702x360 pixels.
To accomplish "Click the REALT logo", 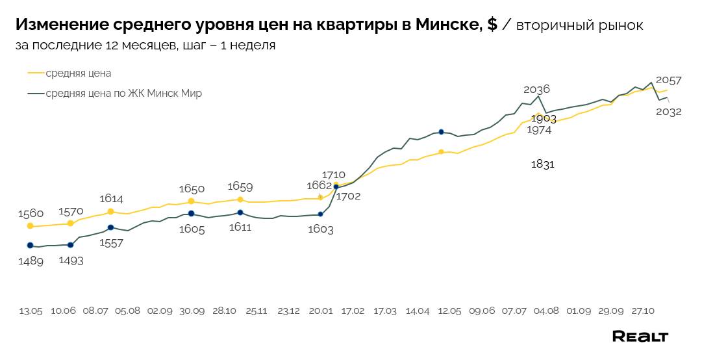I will tap(640, 336).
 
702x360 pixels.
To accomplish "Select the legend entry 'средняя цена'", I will tap(79, 73).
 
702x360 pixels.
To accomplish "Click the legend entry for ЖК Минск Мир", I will tap(123, 94).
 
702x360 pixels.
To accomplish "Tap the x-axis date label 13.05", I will tap(31, 311).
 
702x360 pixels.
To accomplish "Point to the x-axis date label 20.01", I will tap(321, 311).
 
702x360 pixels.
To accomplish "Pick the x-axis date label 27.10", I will tap(642, 311).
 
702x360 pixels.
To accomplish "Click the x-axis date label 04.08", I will tap(545, 311).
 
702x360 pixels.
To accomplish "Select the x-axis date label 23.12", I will tap(288, 311).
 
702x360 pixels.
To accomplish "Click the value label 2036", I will tap(536, 90).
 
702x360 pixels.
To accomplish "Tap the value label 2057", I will tap(668, 81).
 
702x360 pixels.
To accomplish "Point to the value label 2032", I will tap(668, 112).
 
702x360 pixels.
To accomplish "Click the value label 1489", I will tap(31, 261).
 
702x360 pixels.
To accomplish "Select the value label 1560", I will tap(31, 213).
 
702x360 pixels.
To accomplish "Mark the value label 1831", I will tap(542, 164).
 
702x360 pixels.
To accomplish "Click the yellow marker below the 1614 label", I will tap(111, 212).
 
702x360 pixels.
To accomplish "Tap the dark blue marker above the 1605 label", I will tap(191, 214).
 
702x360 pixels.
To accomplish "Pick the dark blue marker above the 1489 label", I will tap(30, 246).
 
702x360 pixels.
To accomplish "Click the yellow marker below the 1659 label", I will tap(240, 199).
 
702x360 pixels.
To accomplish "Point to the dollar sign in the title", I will tap(492, 25).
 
